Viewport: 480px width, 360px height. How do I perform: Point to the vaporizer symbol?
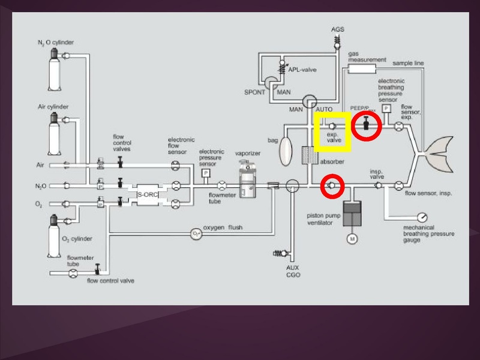tap(246, 181)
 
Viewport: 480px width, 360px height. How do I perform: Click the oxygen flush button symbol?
tap(196, 233)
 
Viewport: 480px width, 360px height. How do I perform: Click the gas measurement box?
tap(361, 68)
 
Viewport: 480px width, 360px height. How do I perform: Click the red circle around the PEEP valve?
tap(367, 126)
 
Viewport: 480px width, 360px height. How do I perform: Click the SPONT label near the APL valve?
tap(255, 94)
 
